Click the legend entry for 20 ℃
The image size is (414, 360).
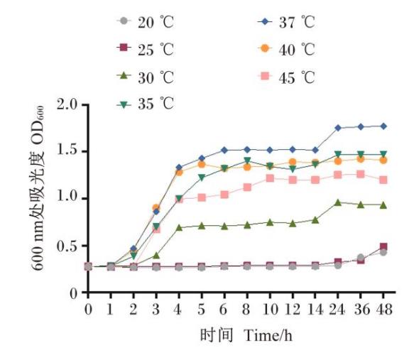coord(146,21)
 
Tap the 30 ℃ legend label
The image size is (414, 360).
coord(146,76)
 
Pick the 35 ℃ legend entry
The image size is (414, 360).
coord(146,104)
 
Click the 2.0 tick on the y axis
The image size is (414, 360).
coord(69,105)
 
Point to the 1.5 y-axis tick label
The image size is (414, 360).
coord(69,152)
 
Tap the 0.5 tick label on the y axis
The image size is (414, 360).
coord(69,246)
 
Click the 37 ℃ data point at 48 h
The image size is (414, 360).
coord(383,126)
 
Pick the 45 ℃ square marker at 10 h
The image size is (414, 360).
coord(270,178)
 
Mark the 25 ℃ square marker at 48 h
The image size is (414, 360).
coord(383,247)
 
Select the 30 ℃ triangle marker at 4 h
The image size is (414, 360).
coord(179,228)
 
